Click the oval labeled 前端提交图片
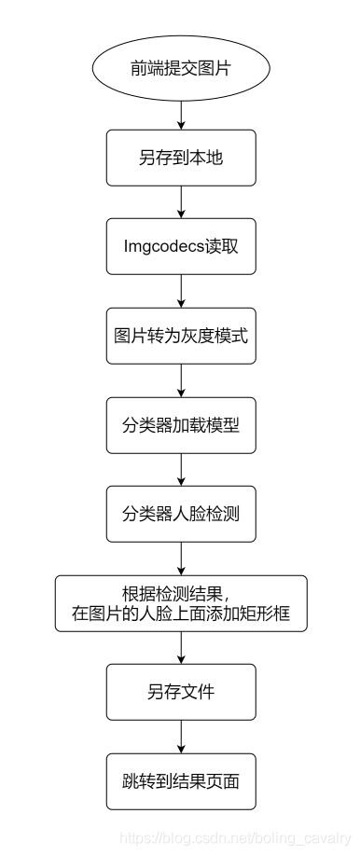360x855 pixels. [x=181, y=69]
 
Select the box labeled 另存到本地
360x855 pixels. [x=181, y=158]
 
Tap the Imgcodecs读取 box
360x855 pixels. [x=181, y=246]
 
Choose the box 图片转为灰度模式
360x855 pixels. [x=181, y=336]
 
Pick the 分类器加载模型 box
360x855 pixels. [x=181, y=424]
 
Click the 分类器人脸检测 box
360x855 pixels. [x=181, y=513]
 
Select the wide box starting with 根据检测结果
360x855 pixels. [x=181, y=603]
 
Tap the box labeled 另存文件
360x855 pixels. [x=181, y=692]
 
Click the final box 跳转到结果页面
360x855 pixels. [x=181, y=781]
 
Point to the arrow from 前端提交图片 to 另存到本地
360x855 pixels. [x=181, y=113]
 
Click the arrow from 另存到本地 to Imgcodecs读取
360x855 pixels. [x=181, y=201]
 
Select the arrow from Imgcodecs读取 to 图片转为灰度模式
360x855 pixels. [x=181, y=291]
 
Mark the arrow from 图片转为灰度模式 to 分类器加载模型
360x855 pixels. [x=181, y=379]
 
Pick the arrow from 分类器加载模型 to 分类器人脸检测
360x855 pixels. [x=181, y=469]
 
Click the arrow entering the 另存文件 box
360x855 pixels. [x=181, y=648]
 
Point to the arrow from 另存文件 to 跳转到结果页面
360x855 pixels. [x=181, y=737]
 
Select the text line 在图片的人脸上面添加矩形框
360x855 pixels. [x=181, y=614]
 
